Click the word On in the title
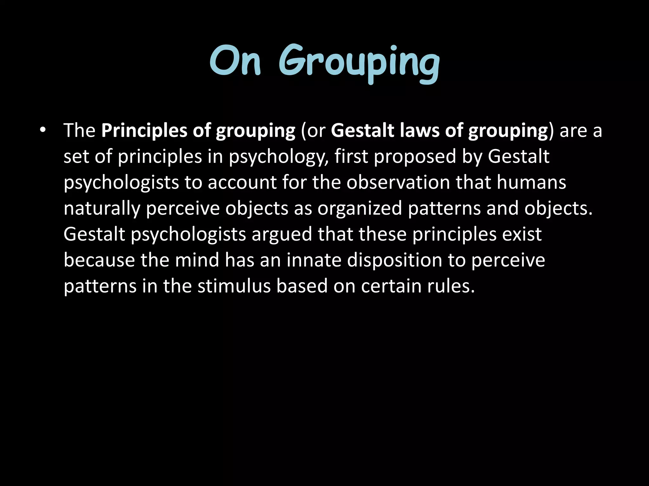pyautogui.click(x=235, y=61)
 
